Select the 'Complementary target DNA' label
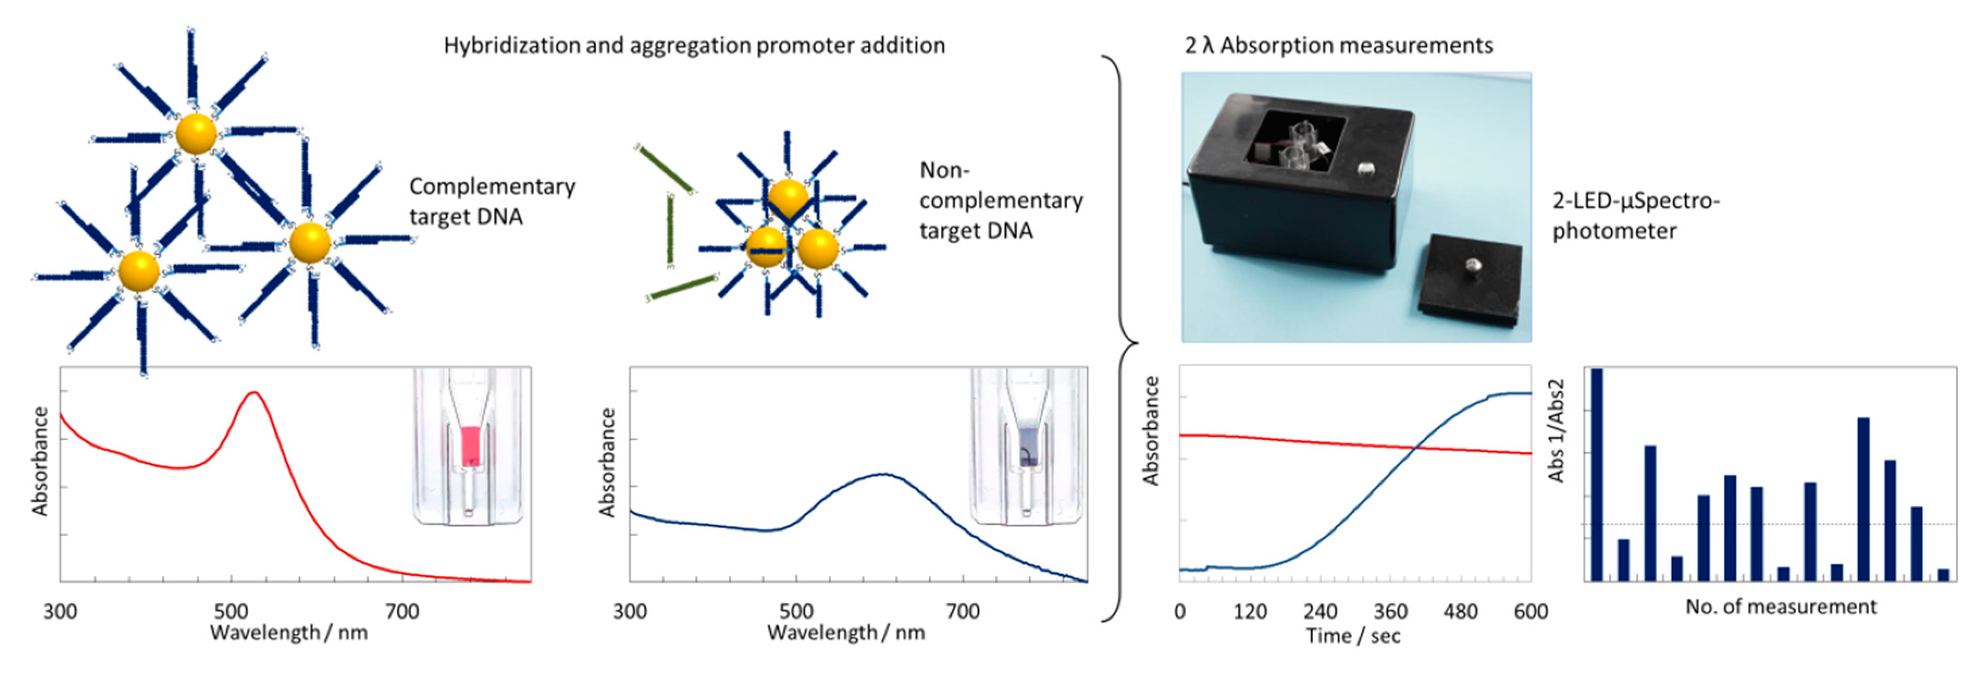pos(492,202)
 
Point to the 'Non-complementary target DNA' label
pos(1000,200)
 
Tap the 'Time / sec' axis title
pos(1353,636)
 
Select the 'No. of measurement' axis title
pos(1780,607)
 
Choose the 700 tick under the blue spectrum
pos(962,611)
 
